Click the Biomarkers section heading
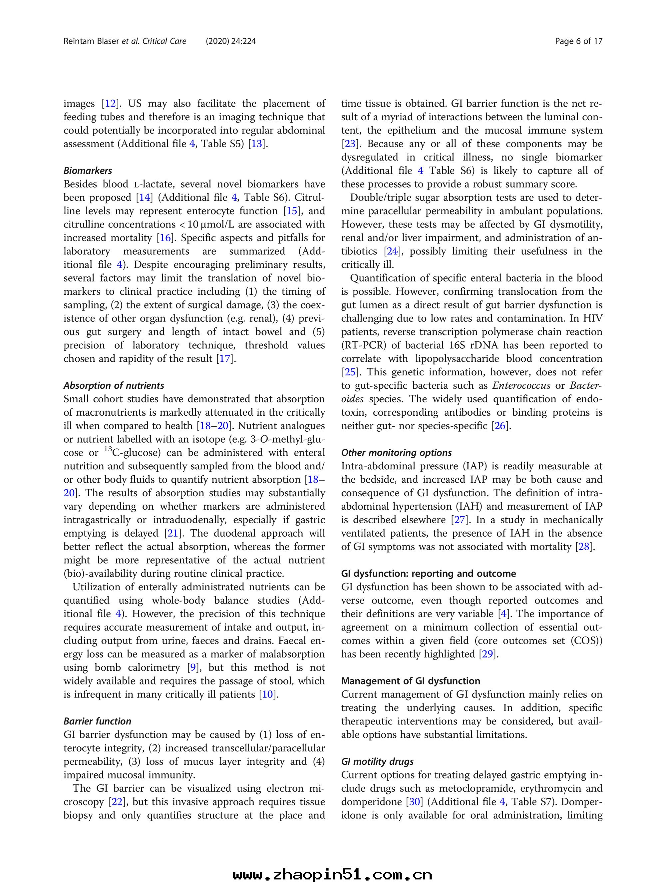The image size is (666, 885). [88, 171]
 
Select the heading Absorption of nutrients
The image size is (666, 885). [114, 386]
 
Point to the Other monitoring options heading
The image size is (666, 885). [396, 453]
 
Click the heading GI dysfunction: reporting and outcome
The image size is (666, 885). [428, 574]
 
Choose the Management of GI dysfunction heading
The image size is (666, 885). [410, 681]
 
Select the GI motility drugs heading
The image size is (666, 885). [377, 762]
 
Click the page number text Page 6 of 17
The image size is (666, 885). [578, 41]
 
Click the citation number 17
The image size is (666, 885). [224, 359]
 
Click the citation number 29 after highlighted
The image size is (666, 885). [488, 654]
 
